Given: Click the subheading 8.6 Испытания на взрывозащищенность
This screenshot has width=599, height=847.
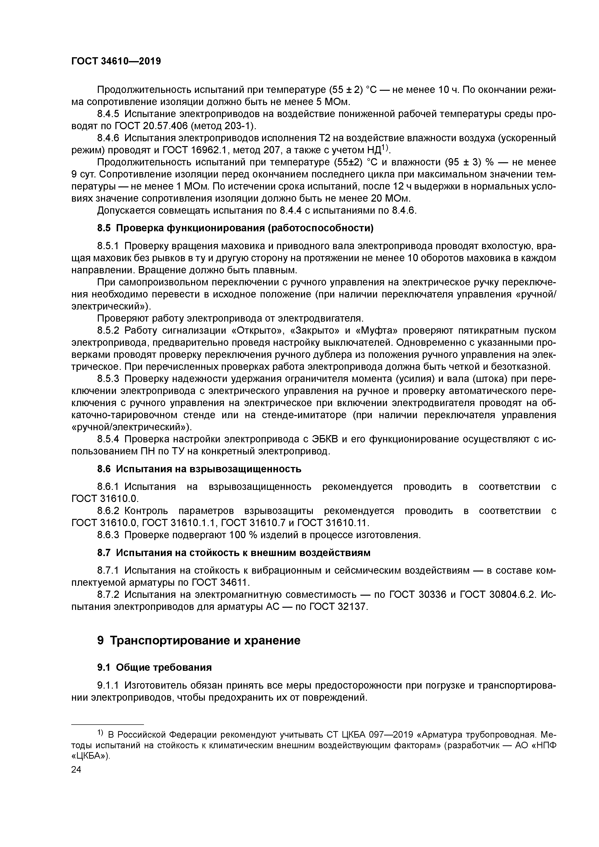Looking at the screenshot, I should (x=199, y=469).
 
